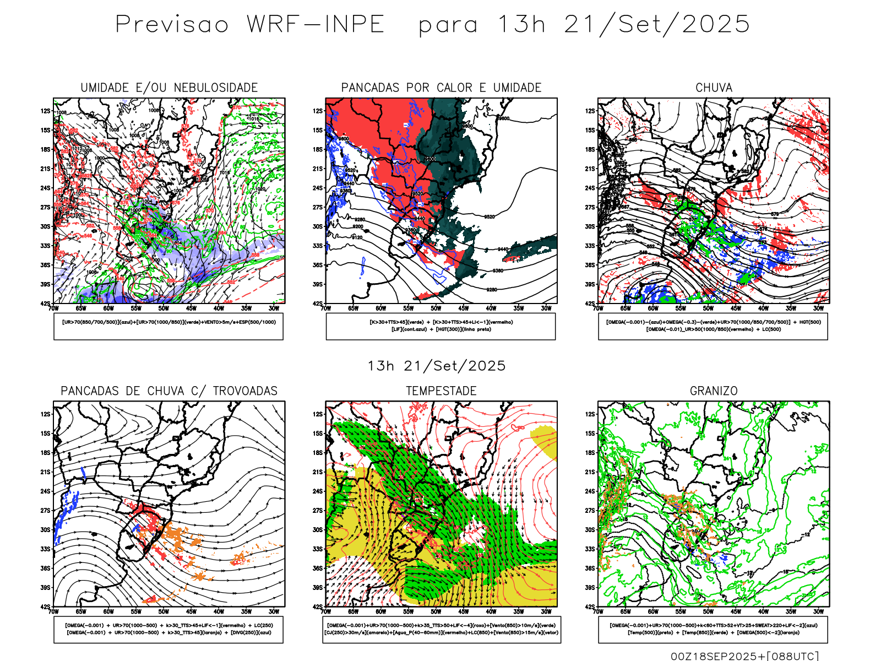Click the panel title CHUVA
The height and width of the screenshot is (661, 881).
click(714, 88)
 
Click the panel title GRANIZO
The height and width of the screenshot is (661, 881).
click(714, 391)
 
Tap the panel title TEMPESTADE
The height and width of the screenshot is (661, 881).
click(441, 391)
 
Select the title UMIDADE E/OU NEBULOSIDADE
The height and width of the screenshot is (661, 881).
click(169, 88)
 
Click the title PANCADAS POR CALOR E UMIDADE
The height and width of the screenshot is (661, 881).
click(441, 88)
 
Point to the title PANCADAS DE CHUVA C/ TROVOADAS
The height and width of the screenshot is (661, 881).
click(169, 391)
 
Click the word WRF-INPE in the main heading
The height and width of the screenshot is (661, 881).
click(316, 25)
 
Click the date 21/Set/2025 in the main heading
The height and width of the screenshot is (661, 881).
click(656, 25)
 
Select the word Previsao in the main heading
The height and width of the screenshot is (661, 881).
click(172, 25)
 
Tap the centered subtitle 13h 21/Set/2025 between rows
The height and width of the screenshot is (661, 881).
click(437, 366)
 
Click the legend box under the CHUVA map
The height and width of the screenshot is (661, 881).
click(713, 326)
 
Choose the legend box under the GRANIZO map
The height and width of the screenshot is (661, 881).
click(713, 629)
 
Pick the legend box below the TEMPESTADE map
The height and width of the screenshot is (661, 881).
click(441, 629)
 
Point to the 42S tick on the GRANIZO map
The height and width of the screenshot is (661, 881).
click(590, 607)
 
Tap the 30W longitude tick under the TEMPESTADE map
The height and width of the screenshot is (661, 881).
click(546, 611)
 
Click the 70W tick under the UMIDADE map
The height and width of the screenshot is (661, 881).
click(53, 308)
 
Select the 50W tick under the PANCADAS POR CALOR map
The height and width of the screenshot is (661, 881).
click(436, 308)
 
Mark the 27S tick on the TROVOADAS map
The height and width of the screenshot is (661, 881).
click(45, 511)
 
